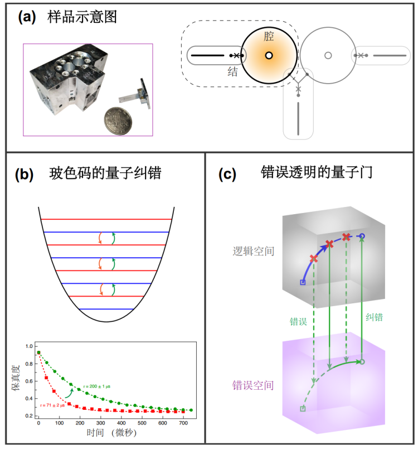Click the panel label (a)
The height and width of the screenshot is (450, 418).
(28, 17)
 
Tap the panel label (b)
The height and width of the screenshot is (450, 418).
(26, 173)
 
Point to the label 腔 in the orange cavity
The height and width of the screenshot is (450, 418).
(269, 37)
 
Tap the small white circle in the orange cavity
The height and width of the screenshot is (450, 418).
(269, 55)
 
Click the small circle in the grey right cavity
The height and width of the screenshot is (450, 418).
(328, 55)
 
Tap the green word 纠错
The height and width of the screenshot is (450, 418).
(373, 319)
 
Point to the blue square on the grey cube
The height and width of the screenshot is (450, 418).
(303, 283)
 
